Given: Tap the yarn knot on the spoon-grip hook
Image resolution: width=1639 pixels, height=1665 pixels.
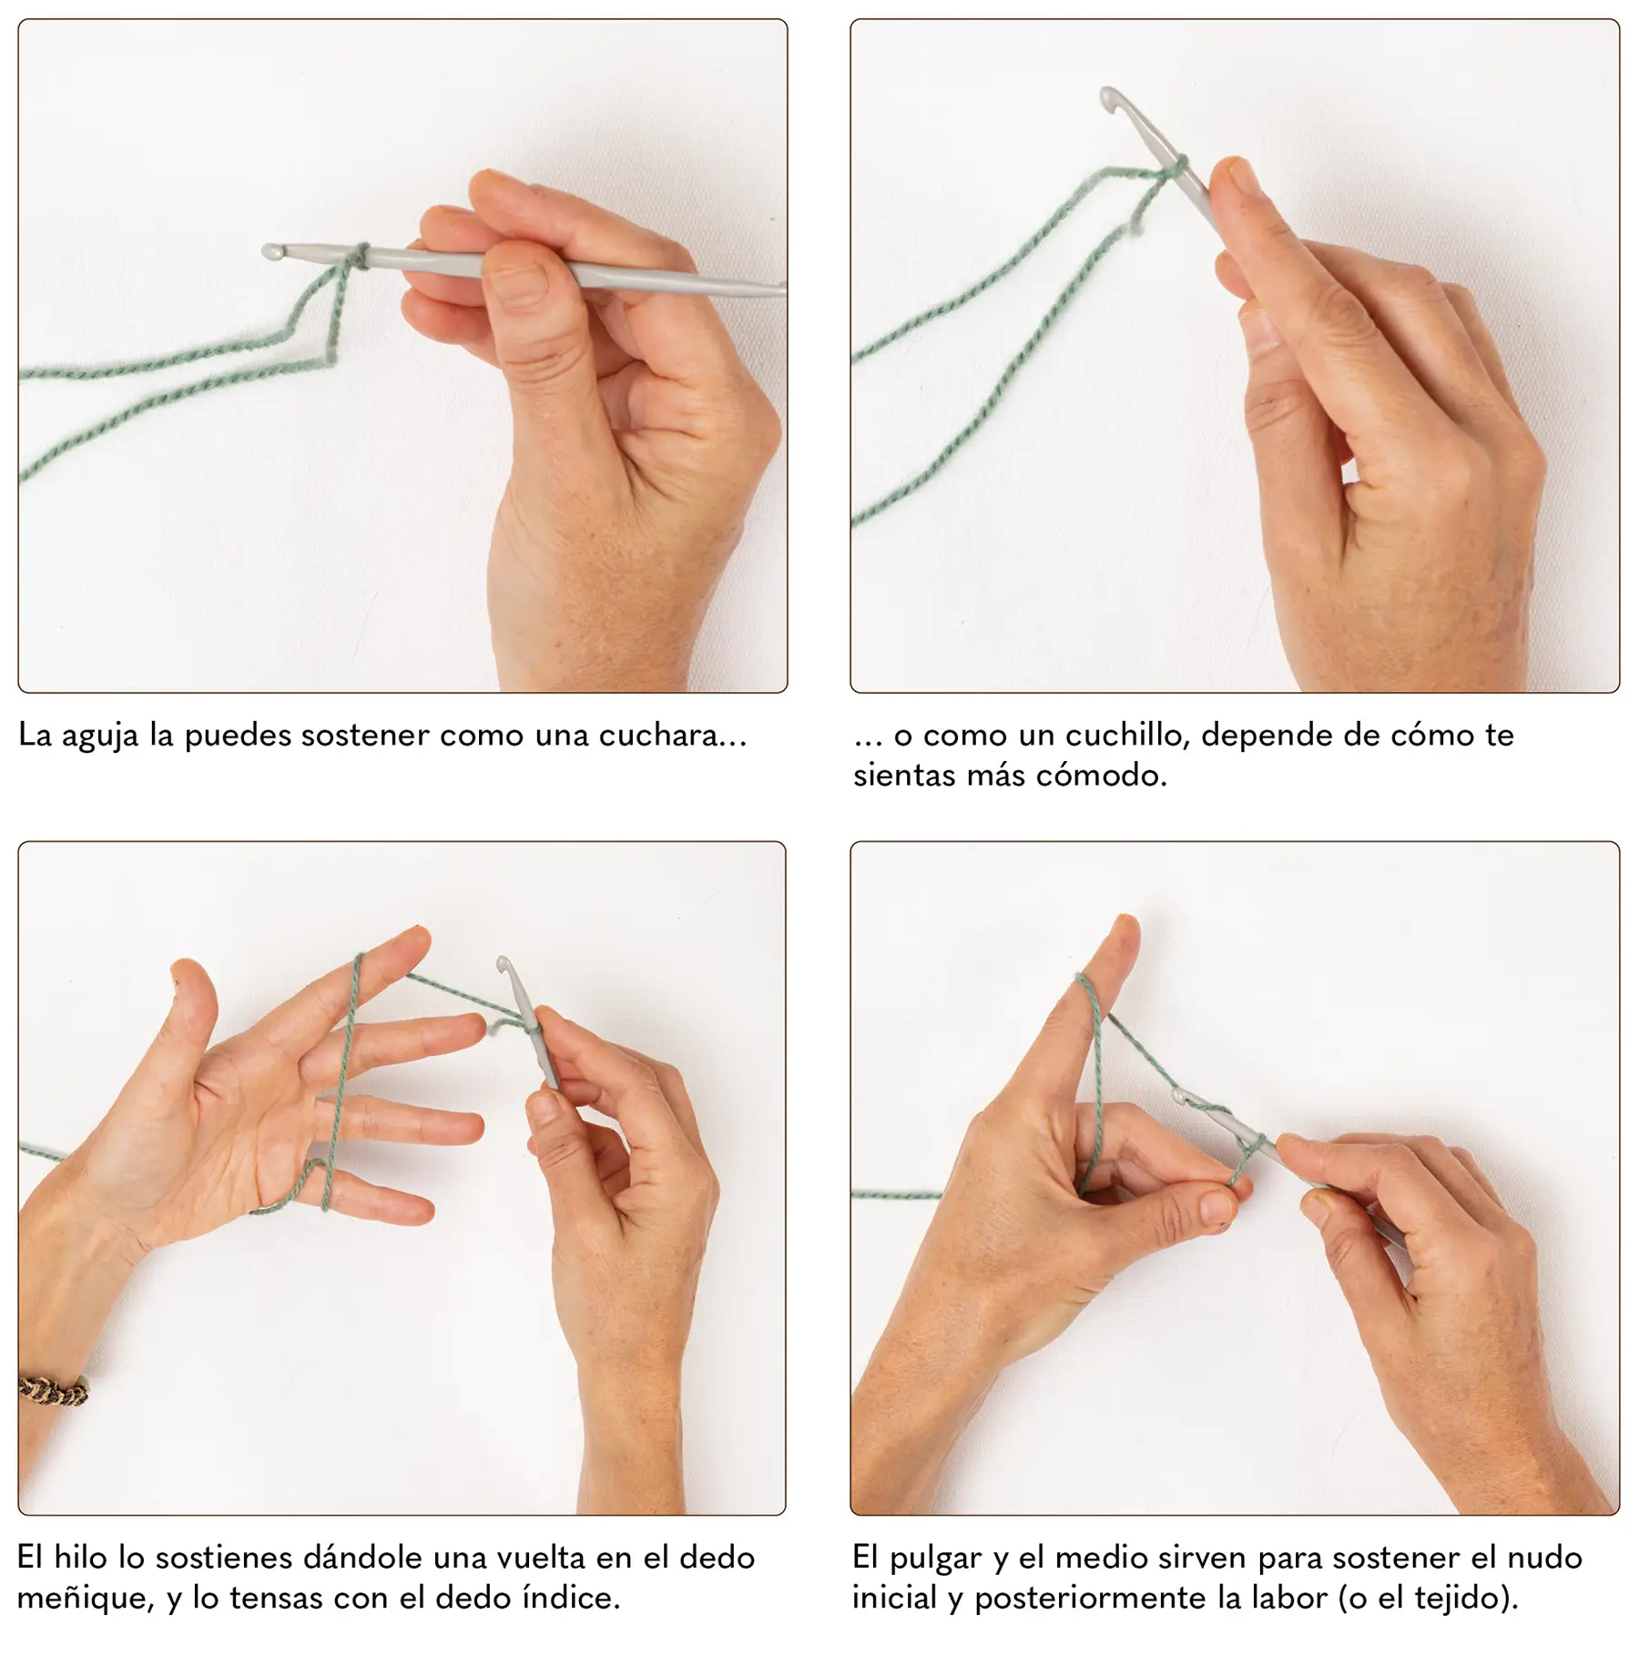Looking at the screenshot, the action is (358, 256).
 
